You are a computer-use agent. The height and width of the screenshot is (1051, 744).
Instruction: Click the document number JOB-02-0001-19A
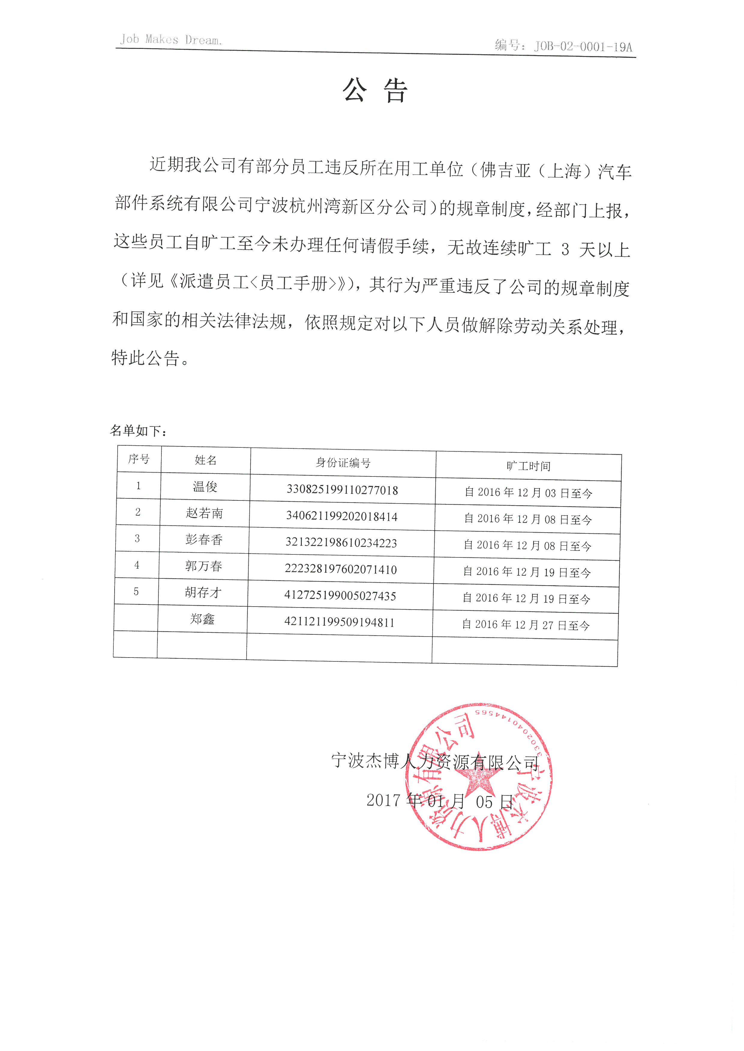tap(583, 46)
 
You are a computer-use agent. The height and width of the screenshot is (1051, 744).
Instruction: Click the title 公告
tap(375, 90)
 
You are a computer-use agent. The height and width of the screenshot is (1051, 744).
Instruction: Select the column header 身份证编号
tap(343, 463)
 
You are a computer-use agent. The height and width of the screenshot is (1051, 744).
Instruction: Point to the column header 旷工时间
tap(528, 466)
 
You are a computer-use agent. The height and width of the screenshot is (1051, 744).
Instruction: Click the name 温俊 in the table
tap(205, 487)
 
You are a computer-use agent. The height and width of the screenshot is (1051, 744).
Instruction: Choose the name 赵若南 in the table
tap(204, 513)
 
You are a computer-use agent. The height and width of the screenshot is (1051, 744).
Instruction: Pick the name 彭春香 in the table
tap(204, 540)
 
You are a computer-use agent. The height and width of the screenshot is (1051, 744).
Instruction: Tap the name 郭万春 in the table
tap(203, 566)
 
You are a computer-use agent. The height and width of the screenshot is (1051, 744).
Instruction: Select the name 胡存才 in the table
tap(203, 593)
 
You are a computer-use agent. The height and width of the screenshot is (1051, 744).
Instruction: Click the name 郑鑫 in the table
tap(202, 619)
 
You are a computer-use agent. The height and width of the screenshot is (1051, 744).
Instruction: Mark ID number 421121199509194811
tap(340, 622)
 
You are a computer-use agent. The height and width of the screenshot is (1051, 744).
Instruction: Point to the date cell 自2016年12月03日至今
tap(528, 493)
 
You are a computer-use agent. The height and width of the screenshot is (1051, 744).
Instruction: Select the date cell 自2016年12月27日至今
tap(526, 625)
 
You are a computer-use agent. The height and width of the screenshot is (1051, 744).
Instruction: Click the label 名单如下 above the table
tap(138, 431)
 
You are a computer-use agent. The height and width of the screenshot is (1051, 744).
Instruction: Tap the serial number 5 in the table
tap(136, 592)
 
